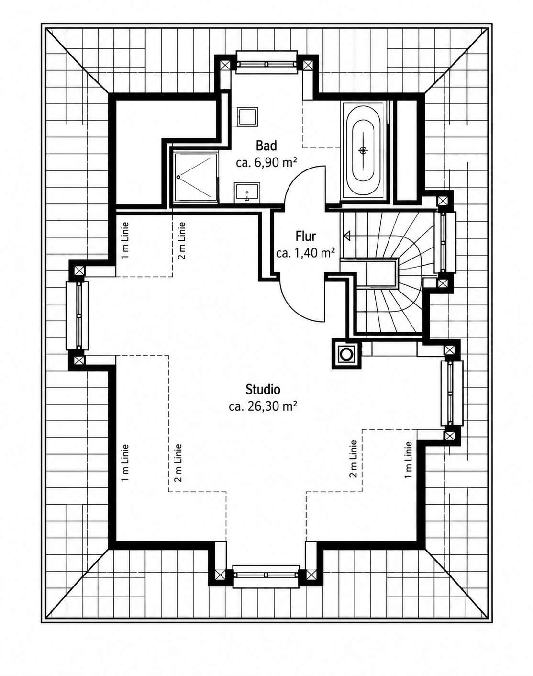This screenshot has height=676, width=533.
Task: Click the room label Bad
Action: [x=266, y=146]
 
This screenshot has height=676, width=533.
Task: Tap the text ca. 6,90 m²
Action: [x=266, y=163]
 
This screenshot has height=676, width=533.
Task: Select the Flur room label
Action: [x=305, y=236]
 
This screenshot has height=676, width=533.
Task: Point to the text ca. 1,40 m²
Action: [x=305, y=253]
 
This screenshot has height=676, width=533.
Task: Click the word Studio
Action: [x=263, y=390]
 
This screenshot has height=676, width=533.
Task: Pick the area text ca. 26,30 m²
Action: [x=263, y=406]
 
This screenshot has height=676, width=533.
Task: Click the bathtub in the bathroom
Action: [x=363, y=151]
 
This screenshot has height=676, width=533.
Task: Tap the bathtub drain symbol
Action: [x=363, y=150]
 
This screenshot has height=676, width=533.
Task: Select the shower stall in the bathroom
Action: [x=196, y=177]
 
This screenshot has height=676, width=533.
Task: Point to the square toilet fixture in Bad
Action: [x=248, y=117]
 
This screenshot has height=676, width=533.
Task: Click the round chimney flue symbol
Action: [x=346, y=354]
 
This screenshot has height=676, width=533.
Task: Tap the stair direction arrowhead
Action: [x=347, y=236]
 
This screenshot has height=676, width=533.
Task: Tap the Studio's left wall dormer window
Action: [x=78, y=315]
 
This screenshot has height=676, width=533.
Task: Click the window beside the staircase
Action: [x=444, y=242]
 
